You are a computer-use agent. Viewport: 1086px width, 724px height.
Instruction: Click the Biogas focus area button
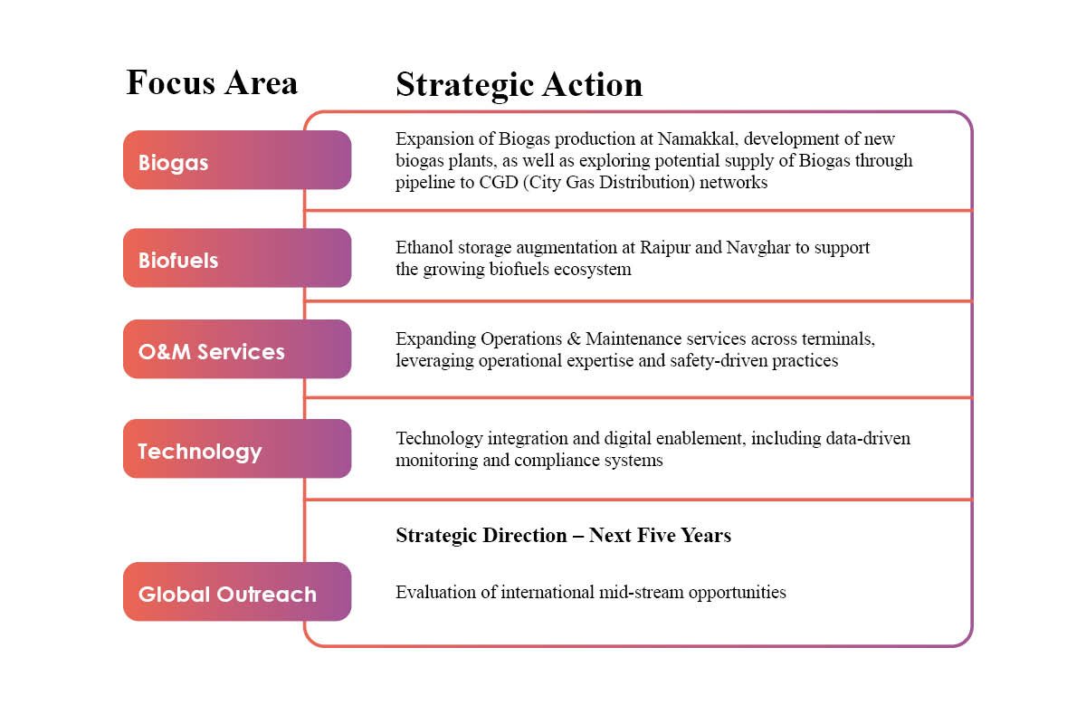(x=236, y=160)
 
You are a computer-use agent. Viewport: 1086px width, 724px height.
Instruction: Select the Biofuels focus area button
(x=236, y=258)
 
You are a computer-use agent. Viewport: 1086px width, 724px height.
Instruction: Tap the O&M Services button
(x=236, y=349)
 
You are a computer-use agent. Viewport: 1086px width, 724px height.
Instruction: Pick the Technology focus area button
(x=236, y=449)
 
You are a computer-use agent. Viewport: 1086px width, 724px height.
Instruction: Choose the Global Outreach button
(x=236, y=592)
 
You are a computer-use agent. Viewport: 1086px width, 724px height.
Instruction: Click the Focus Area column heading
(x=212, y=82)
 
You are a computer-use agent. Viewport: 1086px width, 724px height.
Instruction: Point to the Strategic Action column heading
(x=519, y=84)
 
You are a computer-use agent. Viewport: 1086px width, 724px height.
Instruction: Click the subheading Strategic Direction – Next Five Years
(x=563, y=535)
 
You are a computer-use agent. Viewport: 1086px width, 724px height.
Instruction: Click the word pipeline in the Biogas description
(x=424, y=183)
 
